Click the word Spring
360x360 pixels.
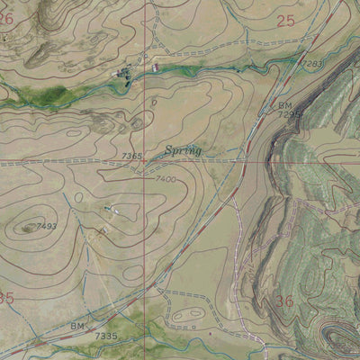pyautogui.click(x=183, y=150)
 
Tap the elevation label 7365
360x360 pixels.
pyautogui.click(x=131, y=157)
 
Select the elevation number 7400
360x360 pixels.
pyautogui.click(x=166, y=180)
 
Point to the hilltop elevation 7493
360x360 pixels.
pyautogui.click(x=46, y=225)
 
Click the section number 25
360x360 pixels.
pyautogui.click(x=285, y=20)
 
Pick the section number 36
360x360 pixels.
pyautogui.click(x=284, y=301)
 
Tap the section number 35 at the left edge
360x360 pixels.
pyautogui.click(x=6, y=297)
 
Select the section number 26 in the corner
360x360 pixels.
pyautogui.click(x=6, y=17)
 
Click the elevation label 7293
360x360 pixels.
pyautogui.click(x=312, y=64)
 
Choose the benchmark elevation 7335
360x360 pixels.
pyautogui.click(x=106, y=336)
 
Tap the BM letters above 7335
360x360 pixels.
pyautogui.click(x=79, y=325)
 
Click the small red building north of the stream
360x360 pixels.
pyautogui.click(x=155, y=67)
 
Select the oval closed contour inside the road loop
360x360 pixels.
pyautogui.click(x=187, y=315)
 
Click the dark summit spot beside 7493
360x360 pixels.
pyautogui.click(x=29, y=228)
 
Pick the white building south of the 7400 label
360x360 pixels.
pyautogui.click(x=108, y=209)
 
